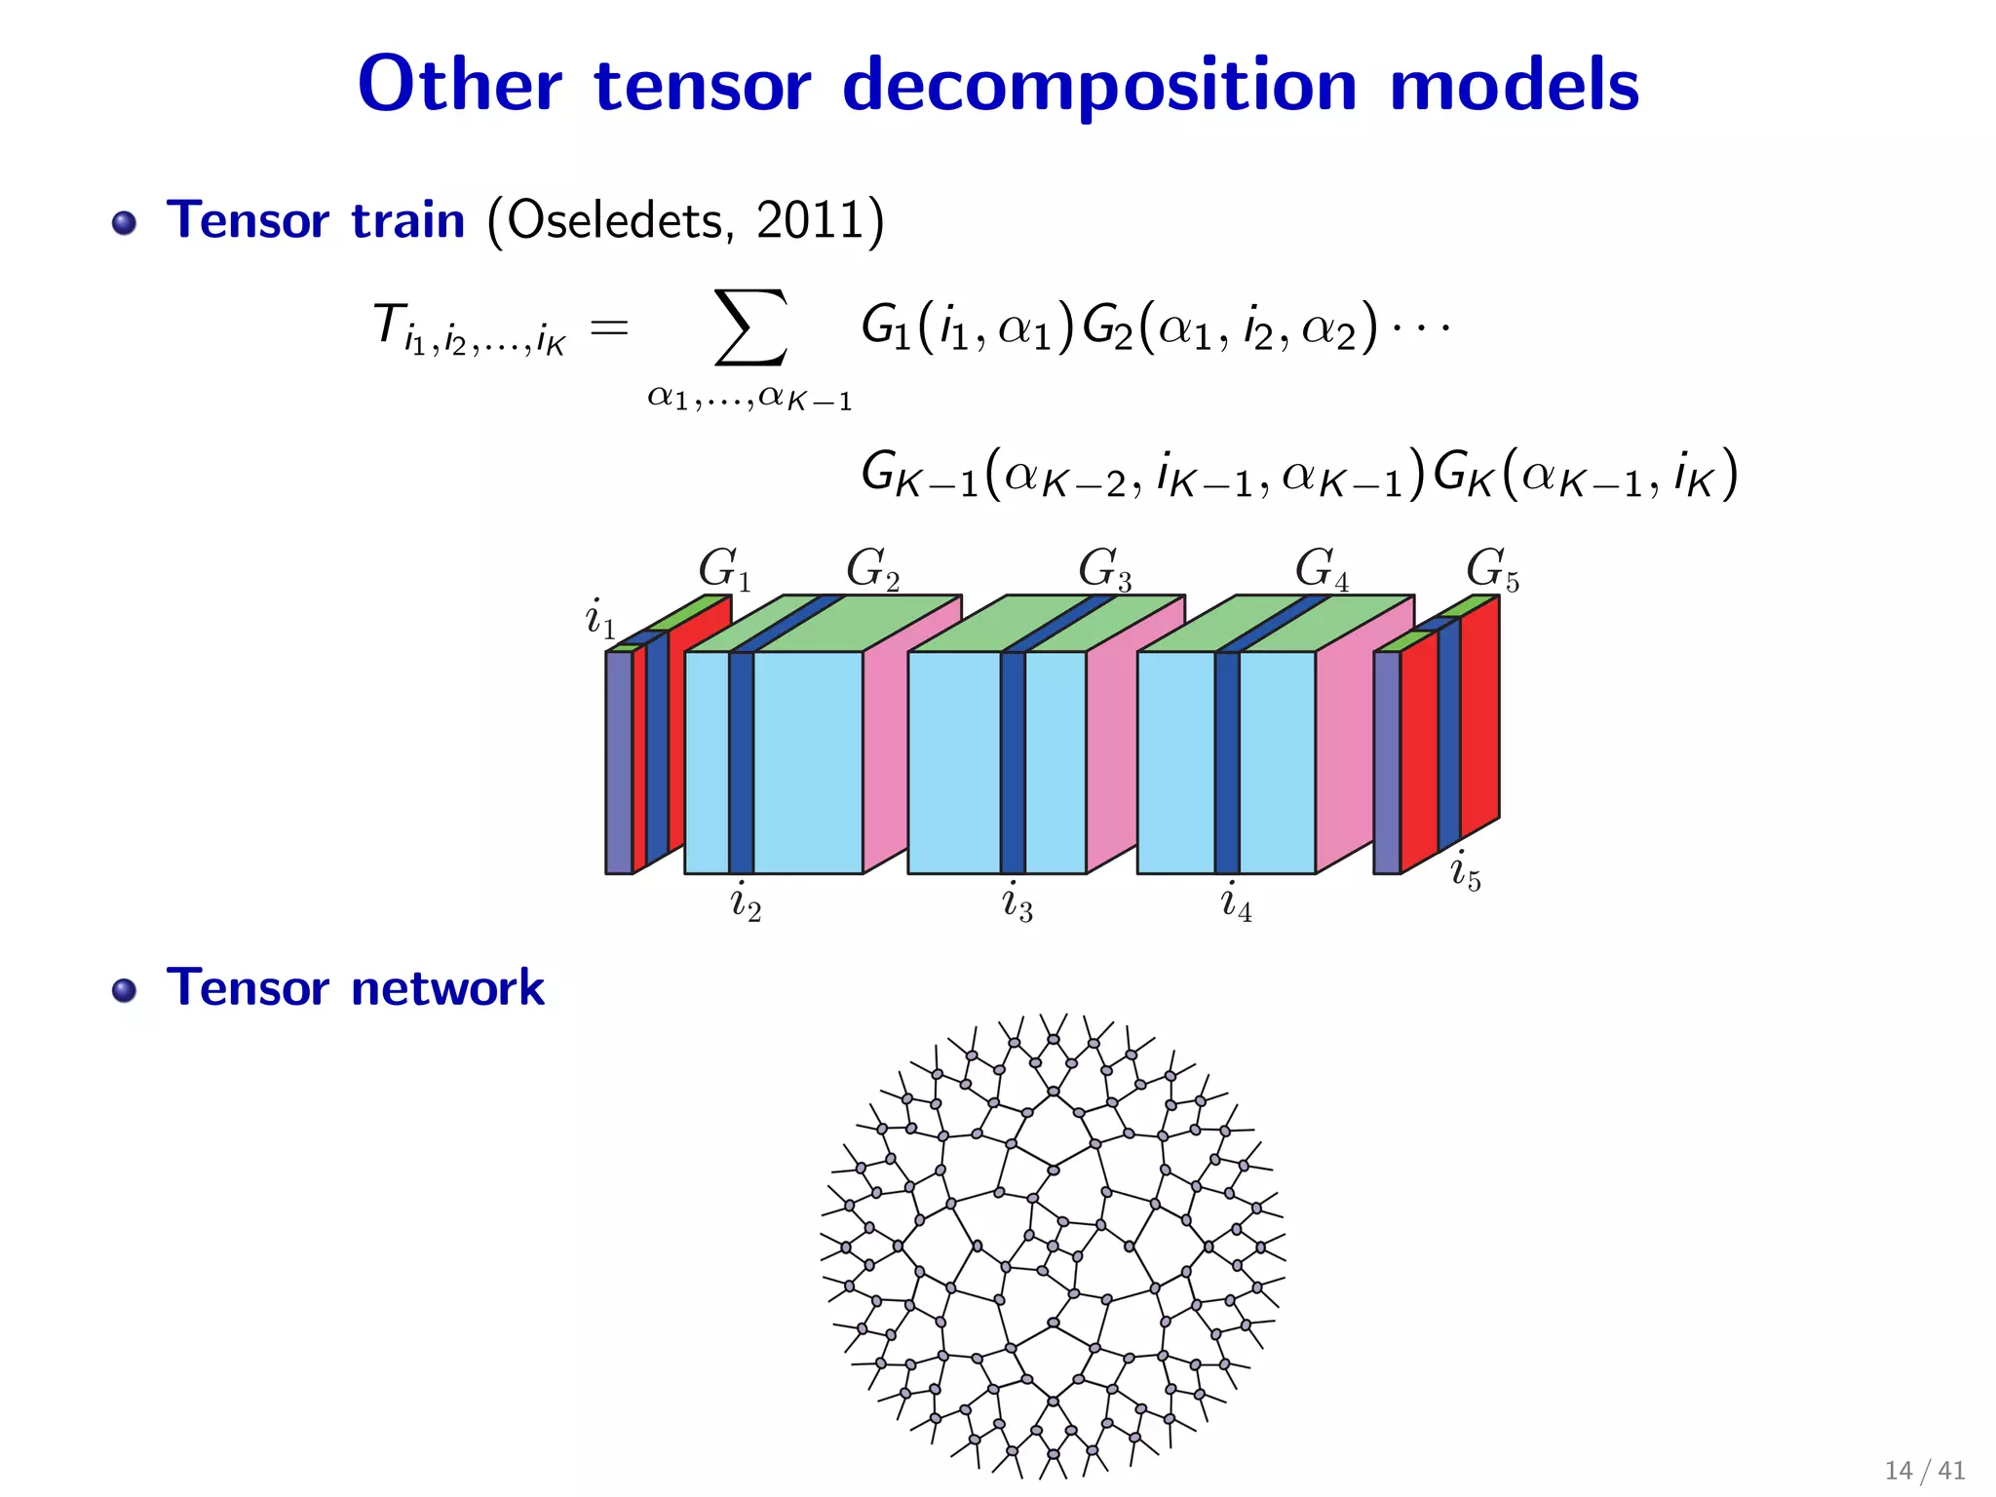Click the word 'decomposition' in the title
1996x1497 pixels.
point(1099,86)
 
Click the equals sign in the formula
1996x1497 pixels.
point(609,327)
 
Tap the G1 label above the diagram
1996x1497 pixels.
point(724,569)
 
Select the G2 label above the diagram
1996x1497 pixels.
point(872,569)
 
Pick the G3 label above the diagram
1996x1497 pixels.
point(1104,569)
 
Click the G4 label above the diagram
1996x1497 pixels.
point(1322,569)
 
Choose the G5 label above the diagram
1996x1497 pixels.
point(1492,569)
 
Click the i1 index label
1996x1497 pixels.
point(599,619)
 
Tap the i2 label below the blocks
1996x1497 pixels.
point(746,902)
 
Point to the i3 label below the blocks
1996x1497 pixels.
point(1017,902)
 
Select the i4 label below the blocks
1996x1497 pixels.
point(1236,902)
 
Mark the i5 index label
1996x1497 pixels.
point(1465,871)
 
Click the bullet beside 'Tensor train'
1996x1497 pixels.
point(124,223)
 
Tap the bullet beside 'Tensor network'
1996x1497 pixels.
point(124,991)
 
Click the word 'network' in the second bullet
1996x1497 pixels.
point(447,988)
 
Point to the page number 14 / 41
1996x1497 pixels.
point(1924,1470)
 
